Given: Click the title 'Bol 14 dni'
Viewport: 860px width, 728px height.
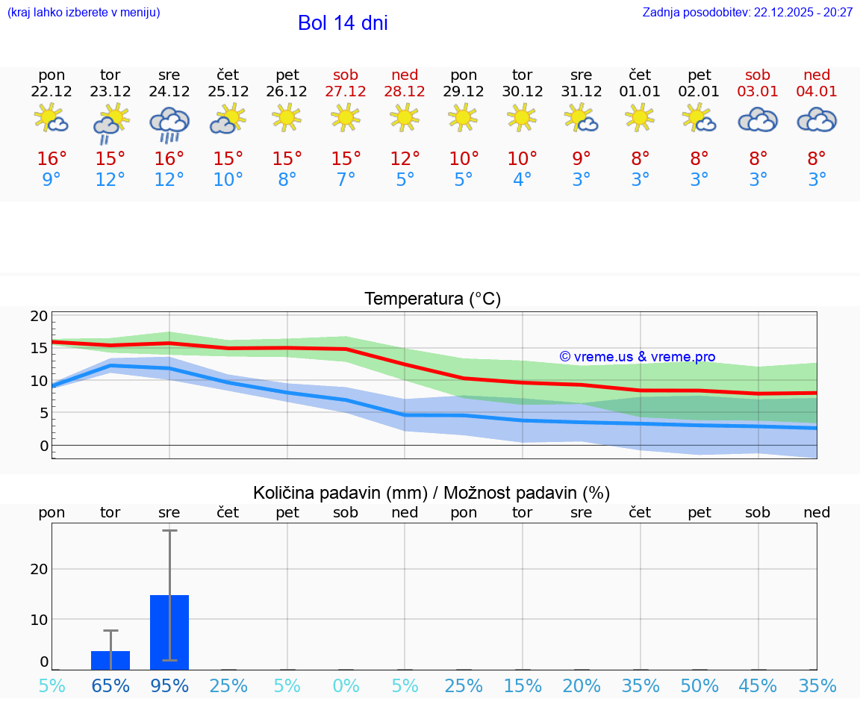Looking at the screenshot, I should [x=343, y=23].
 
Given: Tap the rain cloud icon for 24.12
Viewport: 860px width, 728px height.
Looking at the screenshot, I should [x=169, y=123].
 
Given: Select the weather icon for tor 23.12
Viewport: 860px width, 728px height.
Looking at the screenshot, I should [x=110, y=123].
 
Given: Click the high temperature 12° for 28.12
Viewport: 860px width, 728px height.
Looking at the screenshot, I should [x=405, y=159].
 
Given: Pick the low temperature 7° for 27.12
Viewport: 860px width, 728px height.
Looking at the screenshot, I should [x=346, y=180].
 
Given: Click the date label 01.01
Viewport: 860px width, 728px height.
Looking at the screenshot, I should [x=640, y=92].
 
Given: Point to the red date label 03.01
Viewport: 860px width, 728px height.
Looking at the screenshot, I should [x=758, y=92].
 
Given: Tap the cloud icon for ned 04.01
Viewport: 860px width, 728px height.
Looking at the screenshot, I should [x=817, y=119].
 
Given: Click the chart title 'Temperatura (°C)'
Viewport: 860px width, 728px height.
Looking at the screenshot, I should [x=432, y=299].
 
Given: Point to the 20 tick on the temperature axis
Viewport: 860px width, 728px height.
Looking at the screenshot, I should [x=39, y=316].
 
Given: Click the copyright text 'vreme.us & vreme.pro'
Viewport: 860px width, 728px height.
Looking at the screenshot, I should [x=637, y=357].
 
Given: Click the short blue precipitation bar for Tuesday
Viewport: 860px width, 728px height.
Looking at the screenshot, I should [x=110, y=660].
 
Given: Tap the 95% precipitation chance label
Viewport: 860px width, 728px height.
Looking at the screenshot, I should [x=169, y=685].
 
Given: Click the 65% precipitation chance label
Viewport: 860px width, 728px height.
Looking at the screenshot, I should [x=110, y=685].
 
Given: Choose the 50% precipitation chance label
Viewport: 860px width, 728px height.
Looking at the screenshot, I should [x=699, y=685].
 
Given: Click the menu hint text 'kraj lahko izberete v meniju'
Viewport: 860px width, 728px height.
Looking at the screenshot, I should [x=84, y=12].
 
